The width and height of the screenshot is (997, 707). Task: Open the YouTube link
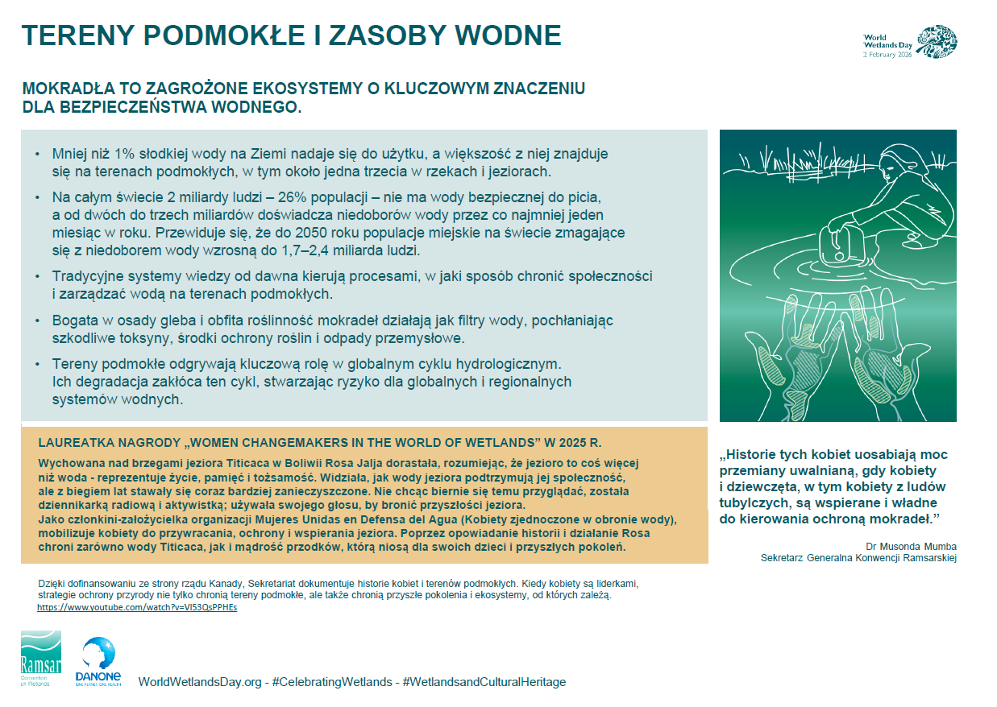137,607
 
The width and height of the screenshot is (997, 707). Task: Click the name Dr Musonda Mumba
911,546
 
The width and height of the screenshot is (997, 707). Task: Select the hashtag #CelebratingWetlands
332,682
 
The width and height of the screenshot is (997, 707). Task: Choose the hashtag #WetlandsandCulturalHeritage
484,682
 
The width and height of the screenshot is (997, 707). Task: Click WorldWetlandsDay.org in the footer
200,682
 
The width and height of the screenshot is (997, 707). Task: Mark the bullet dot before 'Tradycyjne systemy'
37,276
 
